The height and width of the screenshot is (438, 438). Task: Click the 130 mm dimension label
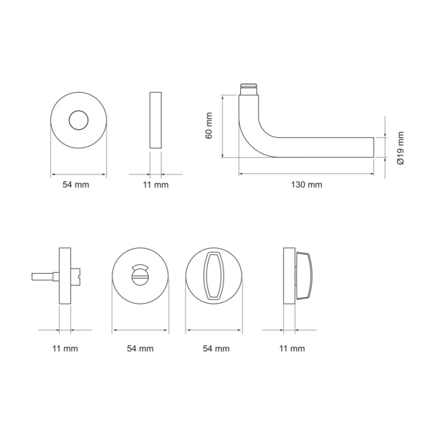[x=307, y=185]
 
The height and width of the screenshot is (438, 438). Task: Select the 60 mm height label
[x=209, y=126]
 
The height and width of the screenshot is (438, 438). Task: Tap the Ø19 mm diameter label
[x=401, y=148]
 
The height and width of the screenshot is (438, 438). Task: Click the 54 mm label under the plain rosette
[x=76, y=185]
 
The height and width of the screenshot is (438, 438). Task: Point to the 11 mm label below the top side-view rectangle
[x=155, y=185]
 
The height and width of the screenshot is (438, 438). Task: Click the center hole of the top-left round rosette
[x=79, y=120]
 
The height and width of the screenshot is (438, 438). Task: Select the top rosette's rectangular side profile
[x=155, y=120]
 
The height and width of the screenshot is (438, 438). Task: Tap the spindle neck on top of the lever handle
[x=249, y=89]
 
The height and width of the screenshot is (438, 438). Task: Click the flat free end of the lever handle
[x=374, y=147]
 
